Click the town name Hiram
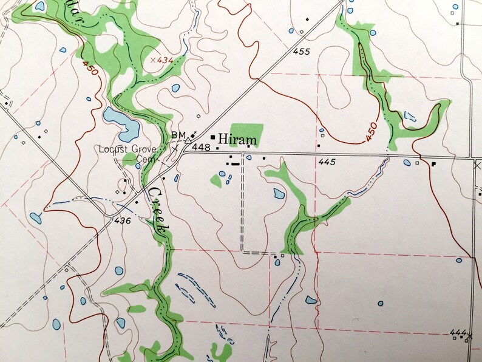click(237, 140)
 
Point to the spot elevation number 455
click(301, 52)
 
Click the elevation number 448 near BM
click(201, 148)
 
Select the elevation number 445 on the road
click(327, 162)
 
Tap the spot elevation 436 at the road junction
click(122, 220)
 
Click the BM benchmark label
click(177, 135)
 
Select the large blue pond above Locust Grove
click(121, 122)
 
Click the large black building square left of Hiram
click(213, 137)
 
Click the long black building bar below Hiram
click(235, 163)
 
